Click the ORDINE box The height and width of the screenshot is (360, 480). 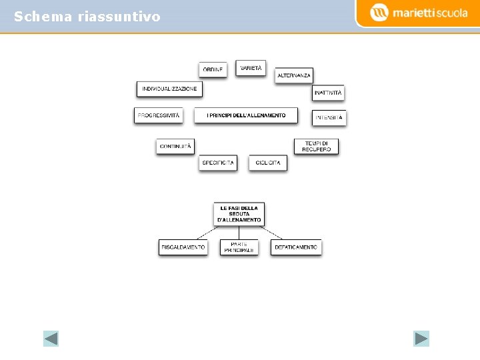tap(213, 69)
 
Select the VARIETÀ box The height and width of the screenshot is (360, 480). tap(251, 68)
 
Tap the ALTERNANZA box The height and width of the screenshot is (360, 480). tap(294, 75)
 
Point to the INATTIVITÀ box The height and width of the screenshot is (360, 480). tap(328, 93)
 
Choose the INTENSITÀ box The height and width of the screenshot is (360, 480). tap(329, 117)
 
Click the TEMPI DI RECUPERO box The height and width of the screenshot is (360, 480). tap(317, 146)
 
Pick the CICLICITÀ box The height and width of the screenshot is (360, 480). tap(268, 163)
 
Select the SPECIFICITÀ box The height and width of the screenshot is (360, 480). tap(218, 163)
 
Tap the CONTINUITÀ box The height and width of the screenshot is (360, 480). tap(175, 146)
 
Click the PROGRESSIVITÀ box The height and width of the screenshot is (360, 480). tap(158, 115)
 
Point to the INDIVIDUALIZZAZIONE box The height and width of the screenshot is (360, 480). tap(169, 89)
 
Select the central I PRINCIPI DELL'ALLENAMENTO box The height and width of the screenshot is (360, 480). tap(246, 115)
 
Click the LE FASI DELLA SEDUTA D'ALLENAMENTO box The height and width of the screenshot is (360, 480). tap(239, 214)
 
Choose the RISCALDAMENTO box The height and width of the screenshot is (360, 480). tap(183, 247)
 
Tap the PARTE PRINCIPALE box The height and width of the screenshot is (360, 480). tap(239, 247)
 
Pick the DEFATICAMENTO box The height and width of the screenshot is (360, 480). tap(296, 247)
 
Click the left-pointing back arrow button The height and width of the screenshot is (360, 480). tap(51, 339)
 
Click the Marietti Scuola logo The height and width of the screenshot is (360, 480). tap(419, 13)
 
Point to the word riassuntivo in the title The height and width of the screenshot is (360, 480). tap(119, 17)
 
